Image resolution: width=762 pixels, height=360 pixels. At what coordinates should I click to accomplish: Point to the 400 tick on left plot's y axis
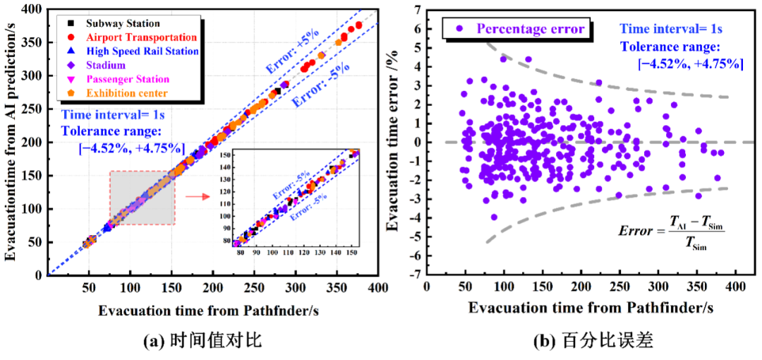point(32,9)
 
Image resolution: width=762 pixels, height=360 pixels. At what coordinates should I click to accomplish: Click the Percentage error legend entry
point(522,29)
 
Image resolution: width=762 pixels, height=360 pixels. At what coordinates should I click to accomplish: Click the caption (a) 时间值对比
point(202,341)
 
